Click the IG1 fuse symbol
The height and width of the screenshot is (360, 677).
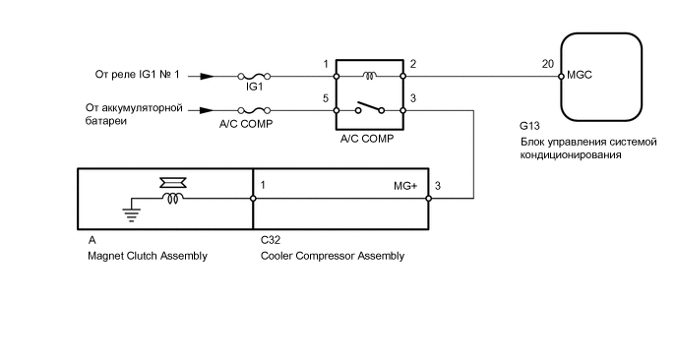point(253,75)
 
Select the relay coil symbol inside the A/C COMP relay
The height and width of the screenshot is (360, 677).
point(370,73)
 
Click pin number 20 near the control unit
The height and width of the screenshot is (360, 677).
point(547,64)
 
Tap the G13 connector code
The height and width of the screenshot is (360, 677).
point(530,127)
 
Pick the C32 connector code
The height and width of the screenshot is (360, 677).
point(271,239)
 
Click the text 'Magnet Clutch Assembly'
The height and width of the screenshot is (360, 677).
point(148,256)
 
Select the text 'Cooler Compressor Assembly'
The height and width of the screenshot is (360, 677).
point(333,256)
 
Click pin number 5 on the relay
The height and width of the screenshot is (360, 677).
point(325,99)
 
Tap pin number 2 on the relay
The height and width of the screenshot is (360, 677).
point(413,64)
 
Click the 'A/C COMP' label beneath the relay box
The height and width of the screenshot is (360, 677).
point(366,140)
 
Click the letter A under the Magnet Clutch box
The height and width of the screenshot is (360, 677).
point(92,239)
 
